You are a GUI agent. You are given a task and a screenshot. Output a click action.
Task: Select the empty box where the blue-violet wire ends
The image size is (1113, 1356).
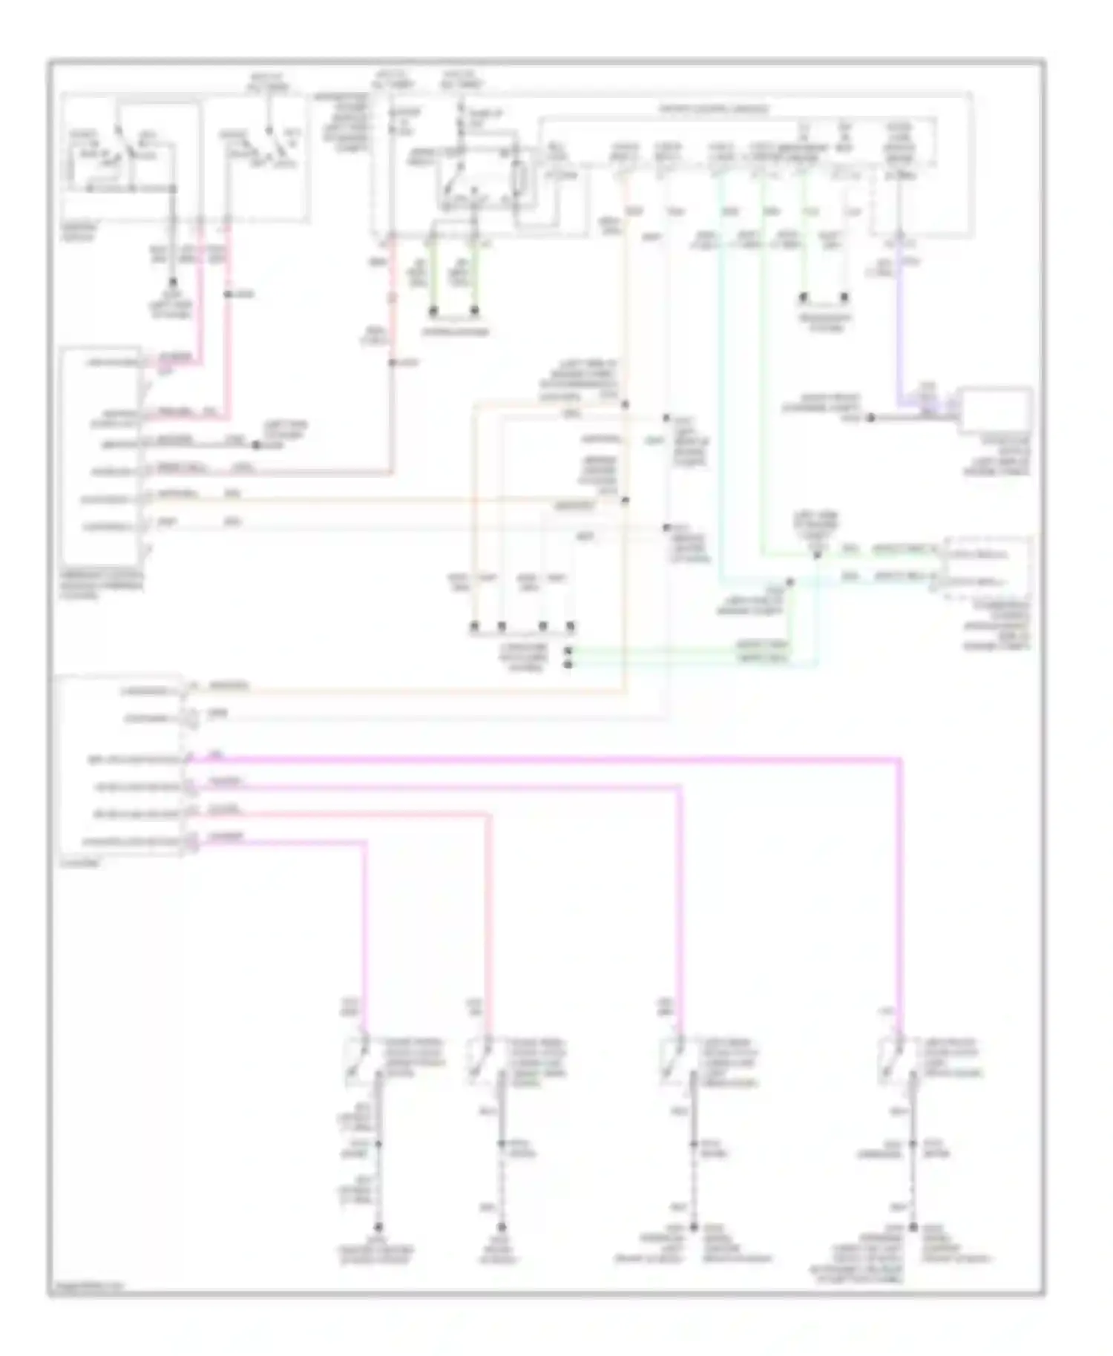click(995, 409)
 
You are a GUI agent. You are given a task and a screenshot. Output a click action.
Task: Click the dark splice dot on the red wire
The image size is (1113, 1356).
click(393, 363)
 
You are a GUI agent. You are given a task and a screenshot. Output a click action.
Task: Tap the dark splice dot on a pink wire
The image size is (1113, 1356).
click(228, 295)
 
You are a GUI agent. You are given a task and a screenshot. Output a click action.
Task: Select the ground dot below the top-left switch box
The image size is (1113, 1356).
click(174, 283)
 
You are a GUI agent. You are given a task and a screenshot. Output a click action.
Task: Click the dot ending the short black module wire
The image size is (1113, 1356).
click(256, 445)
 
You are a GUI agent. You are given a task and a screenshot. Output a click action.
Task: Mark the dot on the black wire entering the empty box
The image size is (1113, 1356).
click(872, 418)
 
